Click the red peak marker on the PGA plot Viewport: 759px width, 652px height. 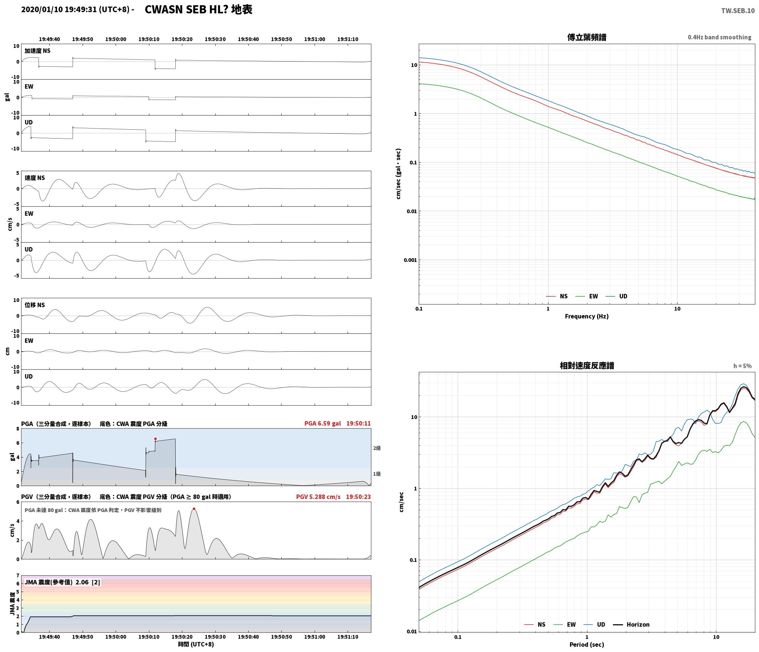155,439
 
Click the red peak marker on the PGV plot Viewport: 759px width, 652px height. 194,509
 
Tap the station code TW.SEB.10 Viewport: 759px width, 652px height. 738,11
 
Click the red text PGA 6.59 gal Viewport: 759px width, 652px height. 322,423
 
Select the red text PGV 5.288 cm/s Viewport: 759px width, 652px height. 318,497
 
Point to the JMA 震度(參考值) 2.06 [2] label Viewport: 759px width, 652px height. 62,582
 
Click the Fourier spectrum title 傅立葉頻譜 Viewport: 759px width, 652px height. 587,37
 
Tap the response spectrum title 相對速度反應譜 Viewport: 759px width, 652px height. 587,366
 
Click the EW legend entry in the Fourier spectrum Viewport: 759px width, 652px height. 587,296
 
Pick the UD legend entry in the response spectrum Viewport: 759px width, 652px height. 594,625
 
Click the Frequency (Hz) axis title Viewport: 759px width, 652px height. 587,316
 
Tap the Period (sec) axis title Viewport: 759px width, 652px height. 587,645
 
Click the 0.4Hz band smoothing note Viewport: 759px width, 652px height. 719,37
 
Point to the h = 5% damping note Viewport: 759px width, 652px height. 742,366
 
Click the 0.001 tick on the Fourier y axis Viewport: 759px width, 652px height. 410,260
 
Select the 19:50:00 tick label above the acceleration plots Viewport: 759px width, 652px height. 116,39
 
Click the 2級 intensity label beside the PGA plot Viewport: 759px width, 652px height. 377,448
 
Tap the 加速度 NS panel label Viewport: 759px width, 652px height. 37,51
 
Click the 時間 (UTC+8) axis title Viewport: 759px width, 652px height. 196,644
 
